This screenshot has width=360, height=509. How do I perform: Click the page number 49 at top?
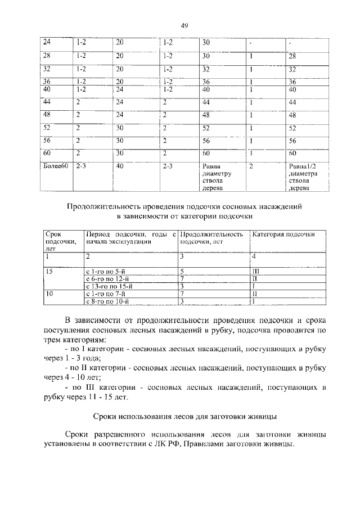(x=184, y=25)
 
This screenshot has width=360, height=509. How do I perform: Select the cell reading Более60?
(x=55, y=166)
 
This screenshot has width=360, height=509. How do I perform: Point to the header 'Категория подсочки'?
(x=282, y=234)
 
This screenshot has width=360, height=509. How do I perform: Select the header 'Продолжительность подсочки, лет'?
(x=212, y=238)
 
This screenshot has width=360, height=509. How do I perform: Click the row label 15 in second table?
(x=49, y=271)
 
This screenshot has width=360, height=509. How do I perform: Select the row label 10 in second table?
(x=49, y=294)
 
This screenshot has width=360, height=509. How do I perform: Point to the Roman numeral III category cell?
(x=256, y=271)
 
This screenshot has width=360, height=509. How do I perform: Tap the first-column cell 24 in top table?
(x=47, y=42)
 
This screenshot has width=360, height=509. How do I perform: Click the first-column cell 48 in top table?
(x=47, y=115)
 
